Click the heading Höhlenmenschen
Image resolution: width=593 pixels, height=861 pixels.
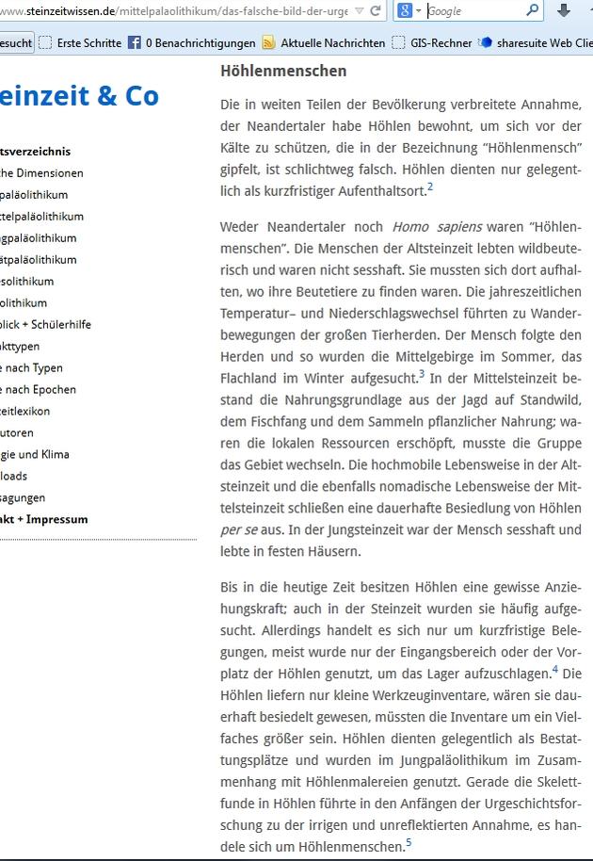click(283, 71)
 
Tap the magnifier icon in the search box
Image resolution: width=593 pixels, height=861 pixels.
click(533, 11)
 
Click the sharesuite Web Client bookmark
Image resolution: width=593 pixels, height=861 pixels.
click(537, 42)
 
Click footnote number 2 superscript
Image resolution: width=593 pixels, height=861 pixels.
click(430, 186)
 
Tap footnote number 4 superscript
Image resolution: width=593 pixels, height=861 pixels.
click(554, 670)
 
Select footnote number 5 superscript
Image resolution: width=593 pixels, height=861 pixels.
click(409, 843)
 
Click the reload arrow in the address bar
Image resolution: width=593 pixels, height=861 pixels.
click(376, 11)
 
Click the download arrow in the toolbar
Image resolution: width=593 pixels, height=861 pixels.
click(563, 11)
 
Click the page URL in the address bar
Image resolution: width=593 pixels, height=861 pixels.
click(179, 11)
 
